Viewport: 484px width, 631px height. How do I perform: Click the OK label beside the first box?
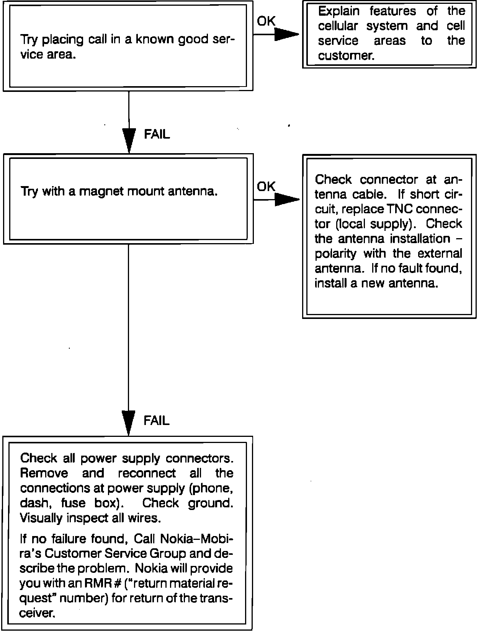click(x=266, y=21)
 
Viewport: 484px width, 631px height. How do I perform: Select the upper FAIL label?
click(x=157, y=134)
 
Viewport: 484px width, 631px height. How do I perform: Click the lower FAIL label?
click(x=156, y=421)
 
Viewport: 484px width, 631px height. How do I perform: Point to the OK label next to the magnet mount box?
click(x=266, y=186)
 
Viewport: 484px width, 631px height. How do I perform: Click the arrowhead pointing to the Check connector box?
click(x=286, y=199)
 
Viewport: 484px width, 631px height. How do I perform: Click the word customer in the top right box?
click(x=345, y=56)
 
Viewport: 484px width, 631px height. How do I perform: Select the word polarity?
click(x=335, y=254)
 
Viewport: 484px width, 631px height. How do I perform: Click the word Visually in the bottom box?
click(x=41, y=518)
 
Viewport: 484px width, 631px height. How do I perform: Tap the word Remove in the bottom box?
click(x=44, y=473)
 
